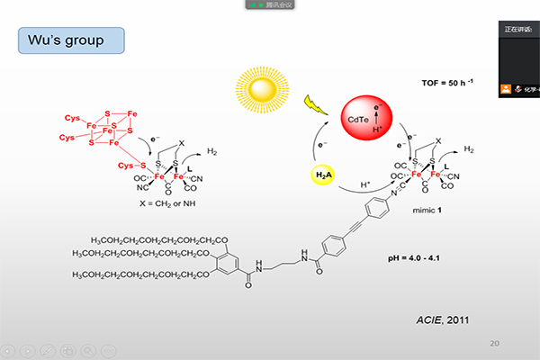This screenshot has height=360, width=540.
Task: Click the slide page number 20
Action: pos(494,343)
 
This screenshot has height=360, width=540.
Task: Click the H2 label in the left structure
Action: pos(211,152)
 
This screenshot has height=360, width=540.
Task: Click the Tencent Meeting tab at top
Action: pos(270,4)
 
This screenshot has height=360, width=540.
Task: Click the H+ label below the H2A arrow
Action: pos(366,185)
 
